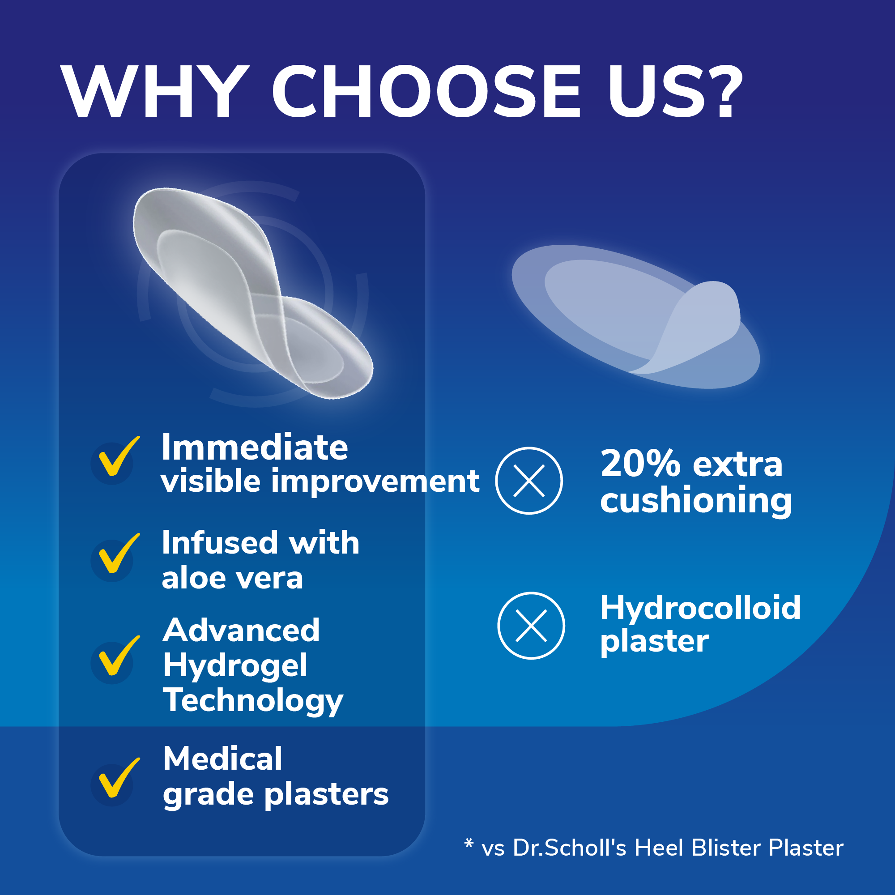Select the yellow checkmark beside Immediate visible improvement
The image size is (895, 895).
(119, 456)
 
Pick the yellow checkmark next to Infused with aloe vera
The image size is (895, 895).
(119, 553)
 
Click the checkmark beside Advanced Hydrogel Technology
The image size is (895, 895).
(119, 656)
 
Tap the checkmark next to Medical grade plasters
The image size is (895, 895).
(119, 778)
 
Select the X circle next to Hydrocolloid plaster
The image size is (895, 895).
(531, 626)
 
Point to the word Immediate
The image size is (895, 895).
(254, 447)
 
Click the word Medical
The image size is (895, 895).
(222, 759)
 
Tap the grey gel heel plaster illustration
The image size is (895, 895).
(253, 293)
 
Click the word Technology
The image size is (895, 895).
(253, 701)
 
